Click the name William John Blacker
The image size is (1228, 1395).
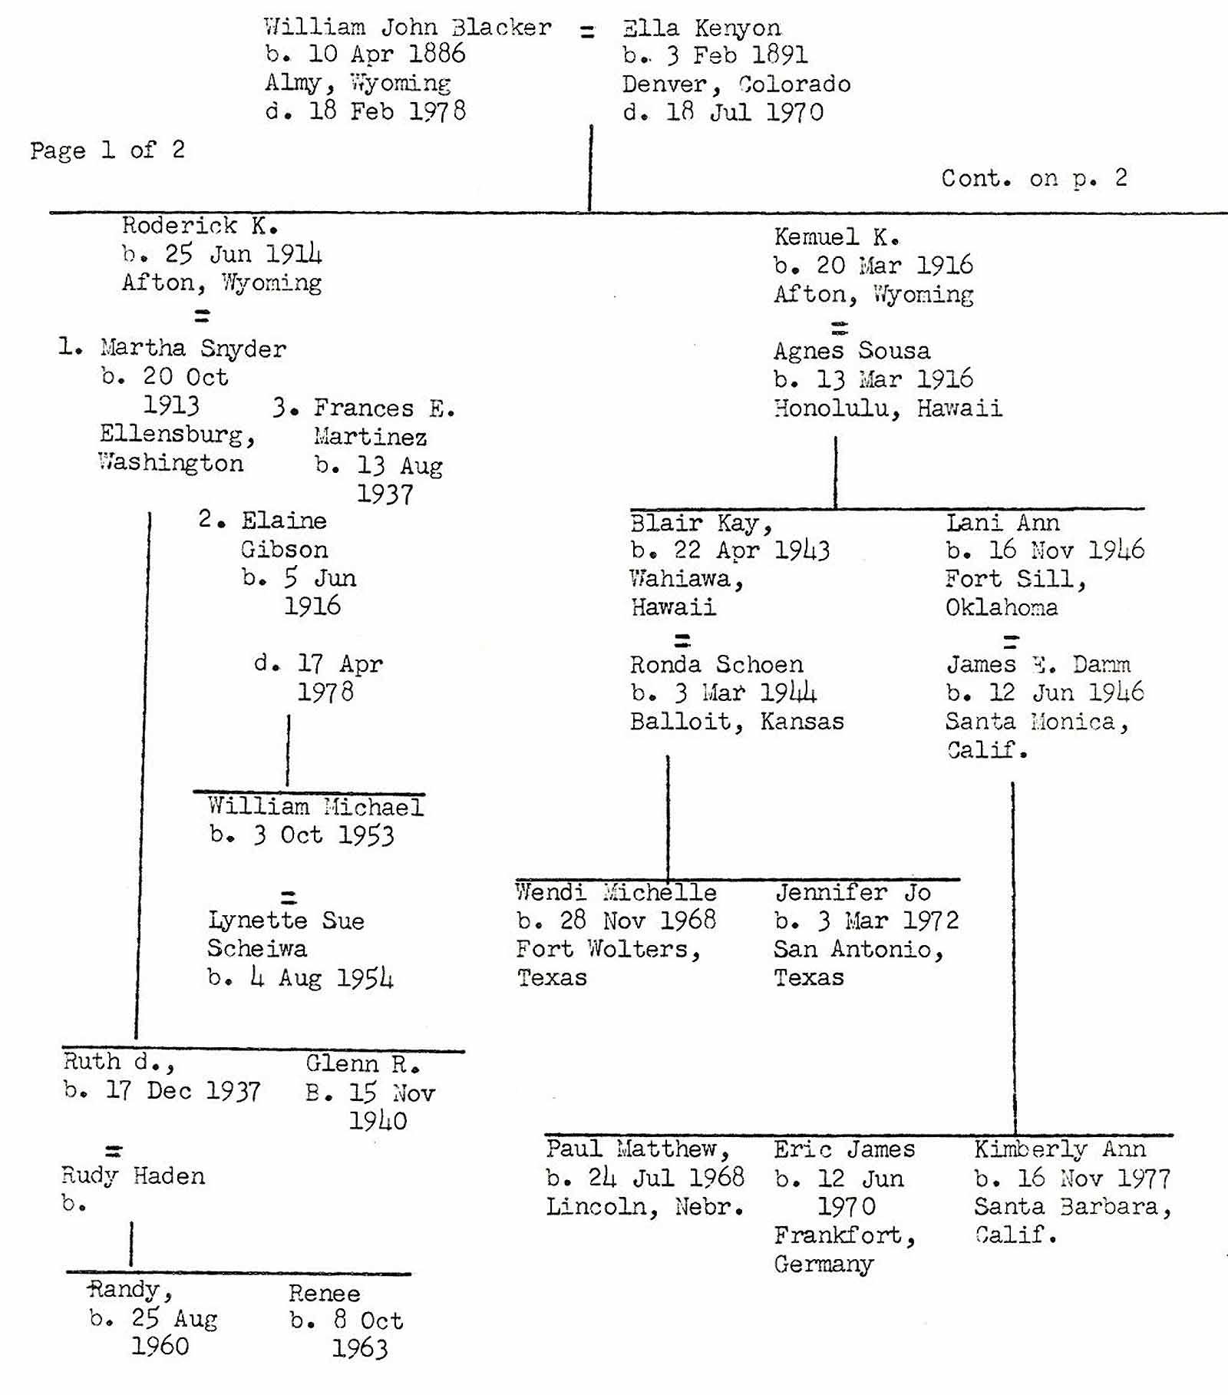(408, 28)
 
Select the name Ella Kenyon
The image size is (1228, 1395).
(701, 29)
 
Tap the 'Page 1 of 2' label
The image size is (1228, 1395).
(107, 150)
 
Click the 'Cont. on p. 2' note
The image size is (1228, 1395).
(1034, 179)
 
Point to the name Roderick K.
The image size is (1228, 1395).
(200, 226)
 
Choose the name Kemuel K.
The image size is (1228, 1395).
(837, 237)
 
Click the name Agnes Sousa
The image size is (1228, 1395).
(851, 351)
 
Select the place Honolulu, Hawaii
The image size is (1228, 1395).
(887, 408)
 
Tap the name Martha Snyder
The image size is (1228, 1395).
(193, 349)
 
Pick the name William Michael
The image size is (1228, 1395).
(315, 807)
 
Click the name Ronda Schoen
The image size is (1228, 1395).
(716, 664)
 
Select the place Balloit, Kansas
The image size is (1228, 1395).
(736, 722)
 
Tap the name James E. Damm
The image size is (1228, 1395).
(1038, 664)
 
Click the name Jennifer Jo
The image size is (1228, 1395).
(852, 892)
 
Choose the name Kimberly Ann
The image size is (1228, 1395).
(1059, 1149)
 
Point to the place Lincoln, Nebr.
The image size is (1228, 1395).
(645, 1207)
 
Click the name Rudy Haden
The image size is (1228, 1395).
(133, 1175)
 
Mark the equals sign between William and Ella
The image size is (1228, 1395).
(587, 32)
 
